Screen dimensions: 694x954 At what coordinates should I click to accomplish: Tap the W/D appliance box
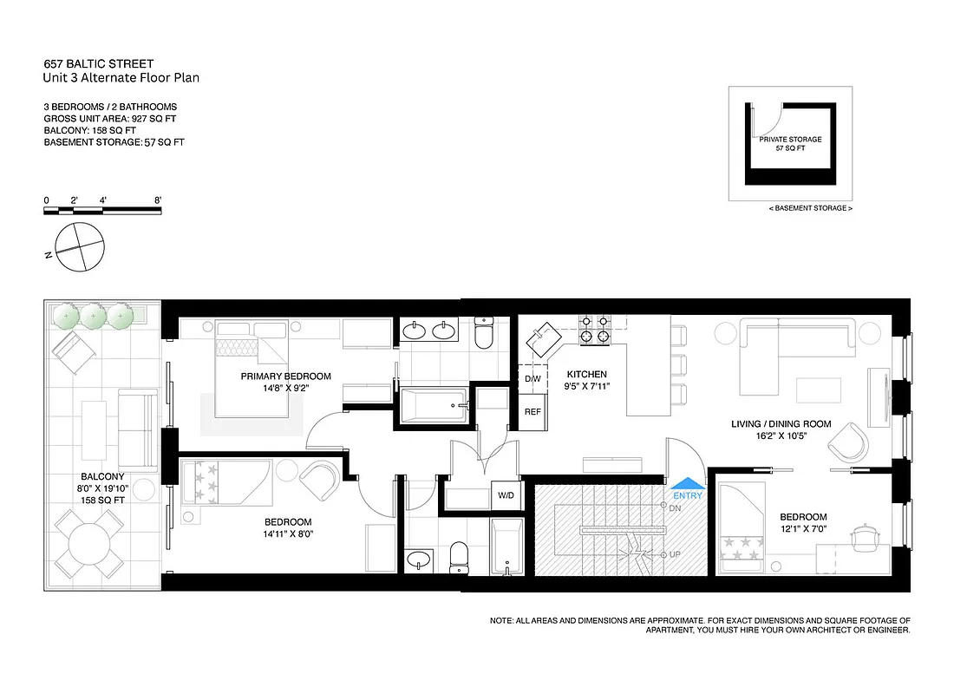click(503, 497)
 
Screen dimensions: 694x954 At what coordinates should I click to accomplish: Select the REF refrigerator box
click(533, 411)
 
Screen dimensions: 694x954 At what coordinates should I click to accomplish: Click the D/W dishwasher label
click(533, 379)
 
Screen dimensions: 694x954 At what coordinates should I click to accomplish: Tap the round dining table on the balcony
click(88, 546)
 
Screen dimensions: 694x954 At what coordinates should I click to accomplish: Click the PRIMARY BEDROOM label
click(286, 376)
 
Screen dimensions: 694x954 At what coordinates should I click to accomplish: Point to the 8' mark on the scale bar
click(158, 200)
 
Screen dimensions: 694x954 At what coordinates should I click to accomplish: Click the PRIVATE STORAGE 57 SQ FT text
click(790, 144)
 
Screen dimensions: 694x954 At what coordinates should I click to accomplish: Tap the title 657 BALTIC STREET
click(98, 64)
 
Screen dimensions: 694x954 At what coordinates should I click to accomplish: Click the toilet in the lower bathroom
click(459, 555)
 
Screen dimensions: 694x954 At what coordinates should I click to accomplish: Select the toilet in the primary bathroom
click(484, 333)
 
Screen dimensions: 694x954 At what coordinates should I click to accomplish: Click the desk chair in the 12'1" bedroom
click(865, 536)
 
